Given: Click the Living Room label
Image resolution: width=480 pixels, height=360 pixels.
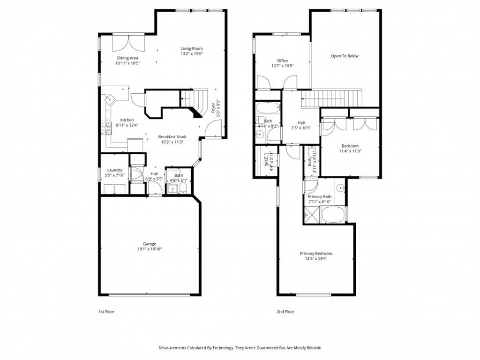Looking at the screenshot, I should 192,48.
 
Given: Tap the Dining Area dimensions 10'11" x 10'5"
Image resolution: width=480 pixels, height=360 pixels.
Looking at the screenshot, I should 128,63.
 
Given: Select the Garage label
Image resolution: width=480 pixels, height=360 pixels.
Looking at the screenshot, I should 150,244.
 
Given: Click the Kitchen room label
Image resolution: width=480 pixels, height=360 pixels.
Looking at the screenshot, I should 127,120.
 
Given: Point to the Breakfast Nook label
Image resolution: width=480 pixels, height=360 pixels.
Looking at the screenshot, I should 172,136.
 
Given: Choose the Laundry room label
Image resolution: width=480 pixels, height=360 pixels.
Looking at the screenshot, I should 115,170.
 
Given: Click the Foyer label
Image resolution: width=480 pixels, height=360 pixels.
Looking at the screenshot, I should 213,108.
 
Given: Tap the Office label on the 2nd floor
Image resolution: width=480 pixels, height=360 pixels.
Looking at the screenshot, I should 282,60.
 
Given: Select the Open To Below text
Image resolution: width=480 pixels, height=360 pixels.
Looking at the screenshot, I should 345,56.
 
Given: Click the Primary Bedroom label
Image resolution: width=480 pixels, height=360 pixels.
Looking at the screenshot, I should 316,254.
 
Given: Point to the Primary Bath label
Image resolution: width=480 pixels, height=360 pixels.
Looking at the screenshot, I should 320,196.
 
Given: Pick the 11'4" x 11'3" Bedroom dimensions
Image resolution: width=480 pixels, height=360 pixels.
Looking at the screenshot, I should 350,151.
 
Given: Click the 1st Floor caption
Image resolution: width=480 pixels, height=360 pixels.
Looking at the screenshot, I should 106,311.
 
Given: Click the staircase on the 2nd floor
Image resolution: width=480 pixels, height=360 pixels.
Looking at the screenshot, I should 332,98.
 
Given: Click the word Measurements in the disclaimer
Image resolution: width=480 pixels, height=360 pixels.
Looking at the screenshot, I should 174,348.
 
